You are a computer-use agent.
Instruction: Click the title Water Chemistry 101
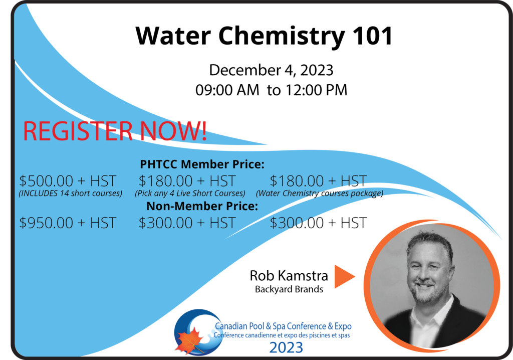[x=264, y=36]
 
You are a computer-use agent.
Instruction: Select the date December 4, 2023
[x=271, y=70]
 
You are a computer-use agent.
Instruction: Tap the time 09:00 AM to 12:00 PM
[x=271, y=90]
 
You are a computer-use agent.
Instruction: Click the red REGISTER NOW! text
[x=115, y=131]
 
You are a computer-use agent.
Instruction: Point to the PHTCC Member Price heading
[x=202, y=164]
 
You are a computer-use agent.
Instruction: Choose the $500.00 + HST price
[x=68, y=181]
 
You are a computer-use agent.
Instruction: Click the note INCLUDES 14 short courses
[x=70, y=193]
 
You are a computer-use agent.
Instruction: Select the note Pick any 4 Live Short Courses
[x=190, y=193]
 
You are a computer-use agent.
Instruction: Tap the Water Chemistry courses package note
[x=320, y=193]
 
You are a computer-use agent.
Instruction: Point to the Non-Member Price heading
[x=202, y=206]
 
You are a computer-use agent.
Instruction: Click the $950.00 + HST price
[x=68, y=223]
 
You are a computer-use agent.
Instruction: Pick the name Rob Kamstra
[x=289, y=276]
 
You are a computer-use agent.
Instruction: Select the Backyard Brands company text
[x=289, y=289]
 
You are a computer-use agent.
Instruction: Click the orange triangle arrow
[x=343, y=276]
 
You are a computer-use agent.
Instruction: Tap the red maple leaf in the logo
[x=189, y=340]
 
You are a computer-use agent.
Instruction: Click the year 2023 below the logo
[x=286, y=347]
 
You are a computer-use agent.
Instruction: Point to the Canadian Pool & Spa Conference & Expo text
[x=284, y=326]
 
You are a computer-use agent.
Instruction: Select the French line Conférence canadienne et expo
[x=282, y=335]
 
